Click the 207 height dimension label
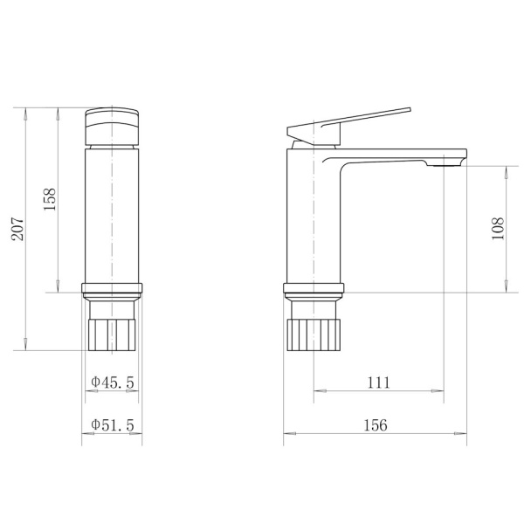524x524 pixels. pos(17,229)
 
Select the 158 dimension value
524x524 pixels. pos(50,199)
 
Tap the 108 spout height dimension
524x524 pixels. pos(498,229)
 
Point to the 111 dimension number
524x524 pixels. pos(379,383)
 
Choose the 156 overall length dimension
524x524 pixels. pos(376,425)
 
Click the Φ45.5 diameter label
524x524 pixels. pos(113,383)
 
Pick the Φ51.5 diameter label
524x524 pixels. pos(113,425)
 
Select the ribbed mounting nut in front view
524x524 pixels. pos(112,334)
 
